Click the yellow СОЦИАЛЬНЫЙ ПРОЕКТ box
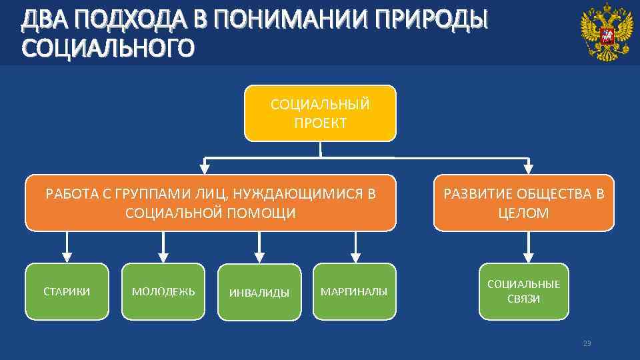(x=320, y=113)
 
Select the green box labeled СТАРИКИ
(x=67, y=291)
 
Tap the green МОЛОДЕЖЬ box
(x=163, y=291)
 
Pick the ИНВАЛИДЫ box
(x=259, y=292)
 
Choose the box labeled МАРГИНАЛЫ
(x=354, y=291)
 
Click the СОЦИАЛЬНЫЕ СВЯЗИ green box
(x=523, y=291)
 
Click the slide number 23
(x=587, y=343)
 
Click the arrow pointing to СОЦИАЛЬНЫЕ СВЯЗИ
(x=528, y=247)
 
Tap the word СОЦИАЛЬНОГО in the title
(x=108, y=49)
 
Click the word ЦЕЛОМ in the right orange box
(x=523, y=213)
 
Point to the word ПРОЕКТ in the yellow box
(x=320, y=123)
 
